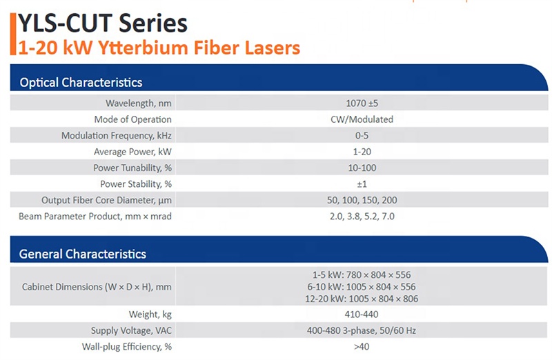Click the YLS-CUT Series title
coord(102,23)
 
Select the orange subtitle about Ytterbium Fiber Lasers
coord(159,48)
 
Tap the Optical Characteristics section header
coord(81,82)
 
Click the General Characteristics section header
coord(82,254)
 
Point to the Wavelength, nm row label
coord(139,103)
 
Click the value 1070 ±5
coord(362,103)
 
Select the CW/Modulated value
coord(362,119)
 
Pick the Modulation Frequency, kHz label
coord(117,135)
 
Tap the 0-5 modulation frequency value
coord(362,135)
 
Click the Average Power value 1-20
coord(362,152)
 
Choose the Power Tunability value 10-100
coord(362,168)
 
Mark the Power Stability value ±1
coord(362,184)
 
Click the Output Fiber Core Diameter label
coord(107,200)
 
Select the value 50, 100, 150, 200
coord(362,200)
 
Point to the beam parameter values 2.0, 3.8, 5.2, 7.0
coord(362,217)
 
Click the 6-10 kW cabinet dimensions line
coord(362,287)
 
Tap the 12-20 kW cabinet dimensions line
coord(362,299)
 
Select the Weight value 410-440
coord(362,314)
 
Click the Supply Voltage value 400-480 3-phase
coord(362,330)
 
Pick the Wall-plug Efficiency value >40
coord(362,347)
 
